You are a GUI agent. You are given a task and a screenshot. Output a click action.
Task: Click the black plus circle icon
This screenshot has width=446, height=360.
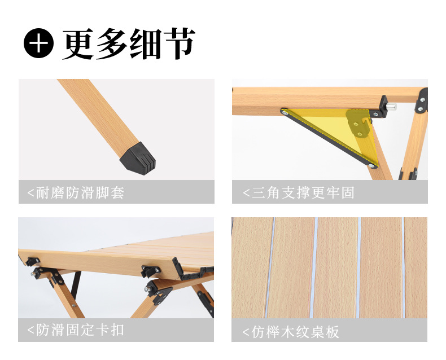tap(39, 43)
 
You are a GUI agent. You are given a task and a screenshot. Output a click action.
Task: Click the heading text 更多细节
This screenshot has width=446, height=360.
tap(129, 43)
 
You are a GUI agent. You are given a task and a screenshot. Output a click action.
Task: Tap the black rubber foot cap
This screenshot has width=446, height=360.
tap(138, 159)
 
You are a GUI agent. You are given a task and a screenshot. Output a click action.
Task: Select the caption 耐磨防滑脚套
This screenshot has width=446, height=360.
tap(80, 192)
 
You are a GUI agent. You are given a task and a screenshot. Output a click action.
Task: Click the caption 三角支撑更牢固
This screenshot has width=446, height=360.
tap(303, 192)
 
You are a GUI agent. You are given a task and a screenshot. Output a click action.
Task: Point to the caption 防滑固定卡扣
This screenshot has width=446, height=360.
tap(80, 330)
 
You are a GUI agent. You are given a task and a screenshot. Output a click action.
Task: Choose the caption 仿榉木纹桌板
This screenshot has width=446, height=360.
tap(295, 332)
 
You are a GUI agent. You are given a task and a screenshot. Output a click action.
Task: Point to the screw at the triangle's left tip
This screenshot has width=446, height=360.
tap(285, 113)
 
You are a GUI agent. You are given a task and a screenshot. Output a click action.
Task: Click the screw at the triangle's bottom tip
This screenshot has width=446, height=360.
tap(371, 165)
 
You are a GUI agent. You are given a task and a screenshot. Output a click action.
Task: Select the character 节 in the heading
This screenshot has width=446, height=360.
tap(179, 43)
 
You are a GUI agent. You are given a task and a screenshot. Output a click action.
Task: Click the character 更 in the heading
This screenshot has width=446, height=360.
tap(78, 44)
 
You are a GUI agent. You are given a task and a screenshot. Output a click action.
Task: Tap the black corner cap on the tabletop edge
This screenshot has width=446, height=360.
tap(179, 269)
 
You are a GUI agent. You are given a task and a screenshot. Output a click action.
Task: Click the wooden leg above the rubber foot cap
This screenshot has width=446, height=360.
tap(99, 114)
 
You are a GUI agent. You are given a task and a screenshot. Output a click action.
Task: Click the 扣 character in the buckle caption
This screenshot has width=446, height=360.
tap(117, 330)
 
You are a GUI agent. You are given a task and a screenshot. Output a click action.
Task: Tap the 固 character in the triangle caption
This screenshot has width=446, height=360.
tap(348, 192)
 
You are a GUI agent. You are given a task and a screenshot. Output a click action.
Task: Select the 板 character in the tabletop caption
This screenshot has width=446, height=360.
tap(332, 332)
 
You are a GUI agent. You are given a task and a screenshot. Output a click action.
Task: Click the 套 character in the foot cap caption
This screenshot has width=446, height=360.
tap(117, 192)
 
